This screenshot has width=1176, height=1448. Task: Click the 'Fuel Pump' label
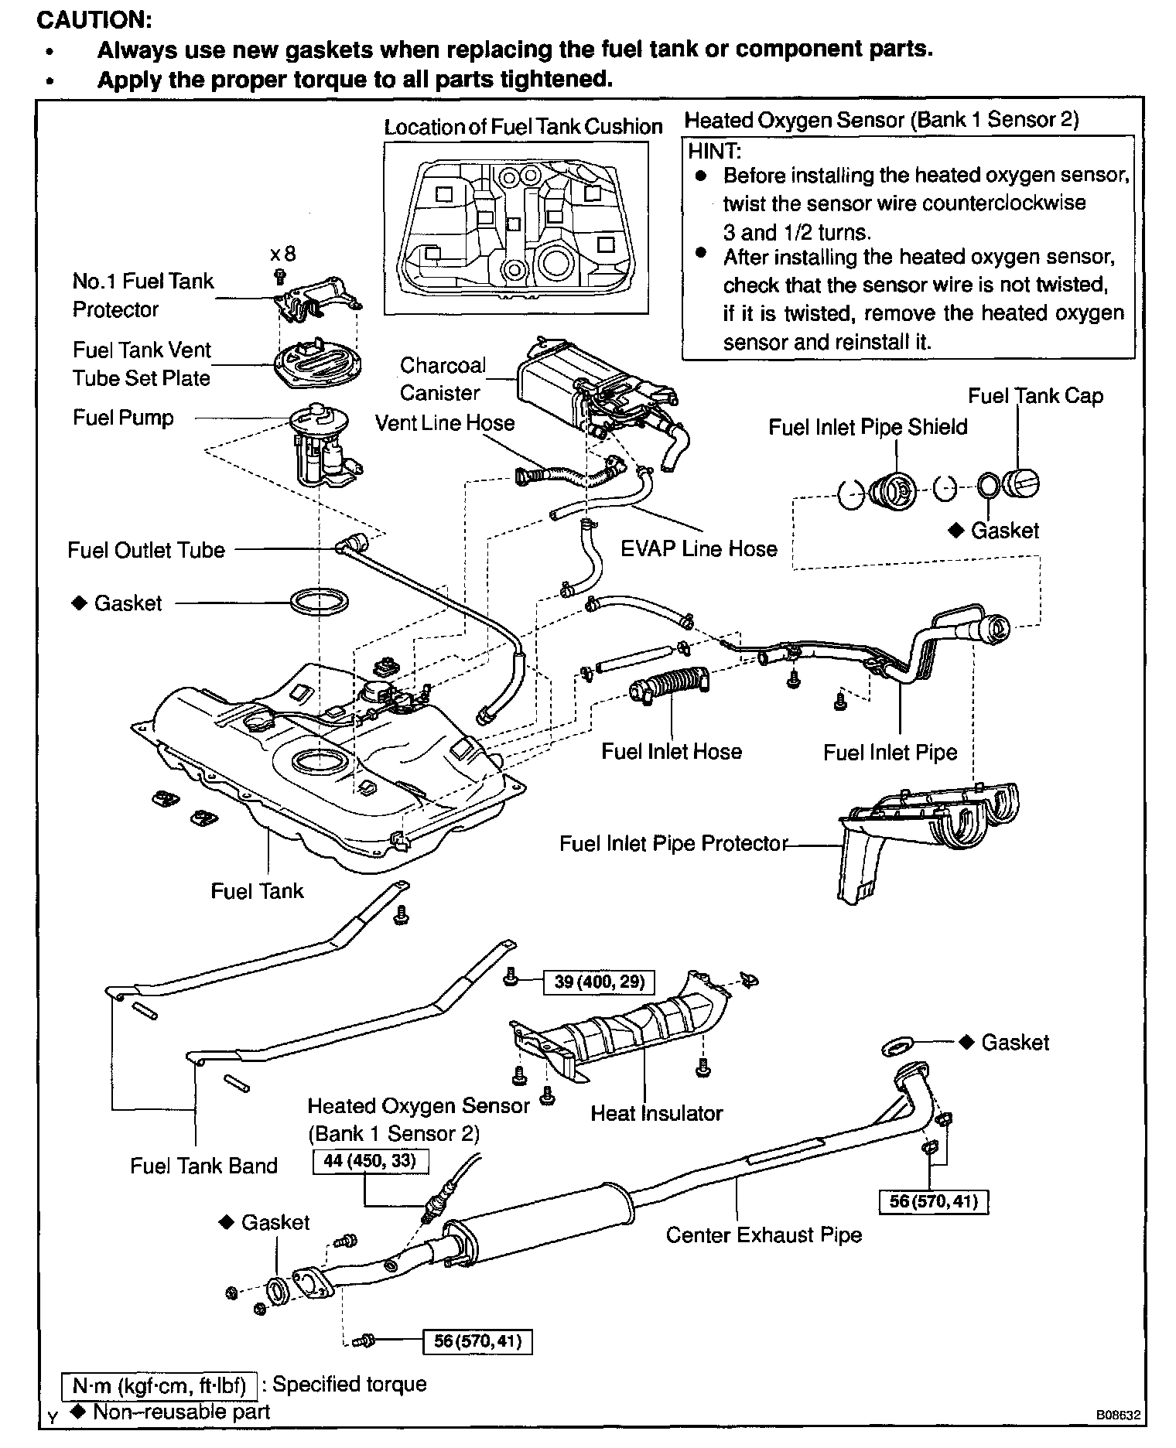(x=123, y=418)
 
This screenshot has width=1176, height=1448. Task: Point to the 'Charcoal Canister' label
(x=443, y=379)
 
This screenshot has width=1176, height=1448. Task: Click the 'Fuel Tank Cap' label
(x=1035, y=396)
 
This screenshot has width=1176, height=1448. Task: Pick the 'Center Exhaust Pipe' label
(x=764, y=1235)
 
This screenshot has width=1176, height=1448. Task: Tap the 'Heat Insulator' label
(x=656, y=1113)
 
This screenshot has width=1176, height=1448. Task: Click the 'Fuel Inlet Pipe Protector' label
(x=673, y=843)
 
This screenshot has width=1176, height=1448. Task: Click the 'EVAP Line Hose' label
(x=699, y=549)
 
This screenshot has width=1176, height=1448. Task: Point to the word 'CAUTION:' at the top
(x=94, y=19)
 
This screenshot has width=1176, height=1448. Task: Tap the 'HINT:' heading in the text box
(x=715, y=151)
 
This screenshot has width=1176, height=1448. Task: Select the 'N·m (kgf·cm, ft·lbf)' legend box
(x=159, y=1385)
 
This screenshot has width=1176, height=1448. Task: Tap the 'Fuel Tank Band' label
(x=203, y=1166)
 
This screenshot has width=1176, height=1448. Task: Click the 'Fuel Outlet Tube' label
(x=146, y=551)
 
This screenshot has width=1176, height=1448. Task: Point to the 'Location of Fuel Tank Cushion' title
(x=523, y=127)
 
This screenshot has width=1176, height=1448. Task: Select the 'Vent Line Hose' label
(x=445, y=423)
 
